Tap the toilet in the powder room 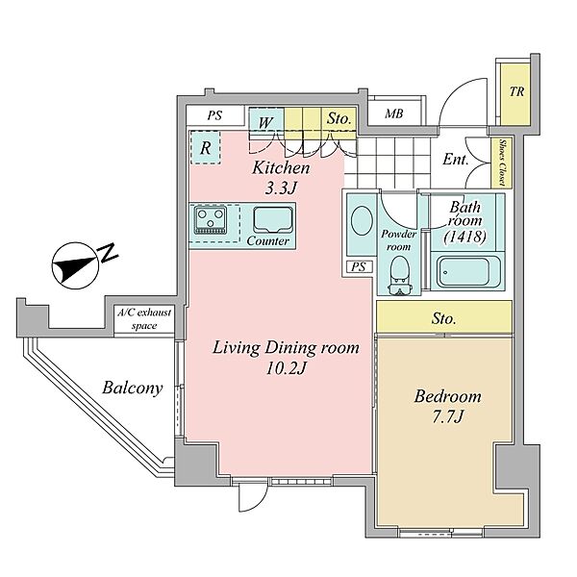(x=400, y=276)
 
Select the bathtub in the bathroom (x=465, y=272)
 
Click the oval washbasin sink (x=362, y=221)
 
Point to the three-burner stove (x=210, y=220)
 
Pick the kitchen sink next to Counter (x=273, y=219)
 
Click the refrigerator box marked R (x=206, y=147)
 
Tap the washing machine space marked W (x=266, y=123)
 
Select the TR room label (x=516, y=91)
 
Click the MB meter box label (x=393, y=113)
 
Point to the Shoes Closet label (x=502, y=162)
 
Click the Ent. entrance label (x=456, y=160)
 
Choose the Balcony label (x=133, y=389)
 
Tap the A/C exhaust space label (x=144, y=319)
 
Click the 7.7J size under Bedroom (x=447, y=417)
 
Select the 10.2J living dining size (x=286, y=368)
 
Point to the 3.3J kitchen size (x=281, y=188)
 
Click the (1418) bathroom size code (x=465, y=237)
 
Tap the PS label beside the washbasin (x=359, y=266)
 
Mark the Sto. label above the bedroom (x=443, y=318)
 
